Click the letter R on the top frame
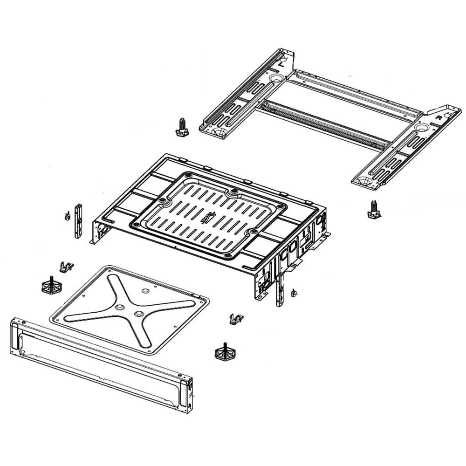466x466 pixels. point(438,118)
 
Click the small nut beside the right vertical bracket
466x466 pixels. point(294,293)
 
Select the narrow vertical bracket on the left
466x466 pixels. point(78,220)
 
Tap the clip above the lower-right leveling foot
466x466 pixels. point(237,319)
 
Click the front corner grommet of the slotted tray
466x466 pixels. point(227,255)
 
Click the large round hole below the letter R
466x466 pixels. point(423,127)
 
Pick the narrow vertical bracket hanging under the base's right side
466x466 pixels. point(279,288)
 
